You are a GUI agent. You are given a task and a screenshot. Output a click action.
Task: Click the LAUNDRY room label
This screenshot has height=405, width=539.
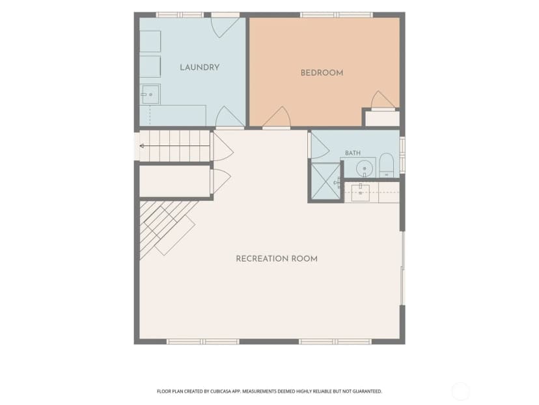(200, 68)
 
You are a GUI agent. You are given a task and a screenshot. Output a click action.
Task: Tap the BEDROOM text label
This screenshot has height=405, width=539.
(322, 73)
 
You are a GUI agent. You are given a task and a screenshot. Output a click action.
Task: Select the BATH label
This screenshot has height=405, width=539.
(353, 153)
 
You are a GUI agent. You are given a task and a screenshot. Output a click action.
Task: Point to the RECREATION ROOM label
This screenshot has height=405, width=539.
(277, 259)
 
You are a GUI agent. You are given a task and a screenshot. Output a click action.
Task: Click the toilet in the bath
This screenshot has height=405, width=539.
(387, 166)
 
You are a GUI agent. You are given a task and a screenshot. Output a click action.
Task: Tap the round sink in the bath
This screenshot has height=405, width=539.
(365, 169)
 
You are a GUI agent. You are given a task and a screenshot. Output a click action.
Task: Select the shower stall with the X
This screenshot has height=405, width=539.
(325, 181)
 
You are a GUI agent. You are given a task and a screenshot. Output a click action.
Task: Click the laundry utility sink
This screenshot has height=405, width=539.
(150, 95)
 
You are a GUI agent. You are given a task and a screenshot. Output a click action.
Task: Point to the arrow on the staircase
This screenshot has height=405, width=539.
(174, 146)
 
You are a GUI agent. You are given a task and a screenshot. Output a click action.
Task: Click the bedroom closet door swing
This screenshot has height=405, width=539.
(381, 100)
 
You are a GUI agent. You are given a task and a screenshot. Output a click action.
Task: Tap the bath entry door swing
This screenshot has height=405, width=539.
(319, 145)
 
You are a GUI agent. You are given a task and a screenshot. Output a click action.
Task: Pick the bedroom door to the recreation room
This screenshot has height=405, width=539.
(277, 117)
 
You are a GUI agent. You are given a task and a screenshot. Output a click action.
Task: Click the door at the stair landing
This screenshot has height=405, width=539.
(223, 147)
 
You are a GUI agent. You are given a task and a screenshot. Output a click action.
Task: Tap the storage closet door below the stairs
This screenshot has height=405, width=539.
(221, 181)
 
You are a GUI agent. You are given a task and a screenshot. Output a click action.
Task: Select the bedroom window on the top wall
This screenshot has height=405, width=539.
(337, 15)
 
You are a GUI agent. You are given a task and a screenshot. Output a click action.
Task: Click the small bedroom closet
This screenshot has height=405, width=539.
(382, 119)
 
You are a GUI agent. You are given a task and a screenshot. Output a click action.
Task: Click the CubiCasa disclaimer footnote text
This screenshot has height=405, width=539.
(269, 391)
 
